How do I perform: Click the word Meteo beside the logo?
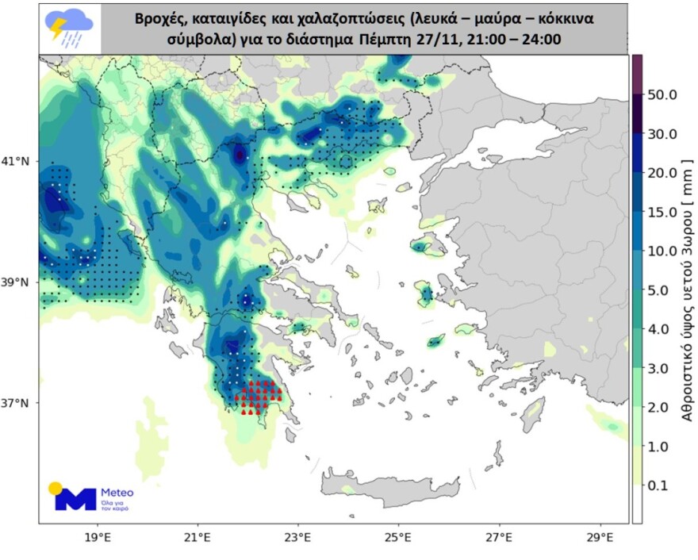pyautogui.click(x=117, y=493)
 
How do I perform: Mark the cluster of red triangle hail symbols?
pyautogui.click(x=258, y=397)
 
